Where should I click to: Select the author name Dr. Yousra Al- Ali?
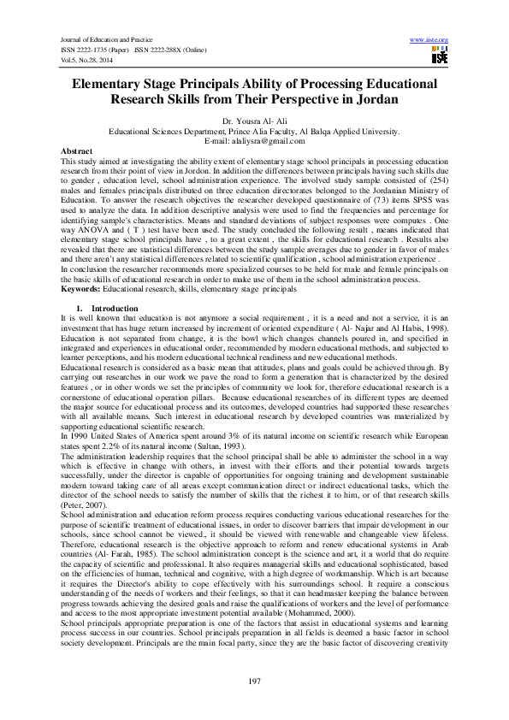[x=254, y=122]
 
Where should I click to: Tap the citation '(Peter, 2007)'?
[x=83, y=505]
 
